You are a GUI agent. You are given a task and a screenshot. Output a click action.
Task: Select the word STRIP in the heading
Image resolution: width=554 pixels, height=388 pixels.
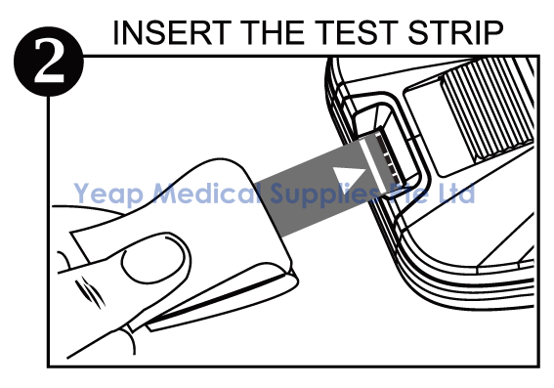click(x=455, y=33)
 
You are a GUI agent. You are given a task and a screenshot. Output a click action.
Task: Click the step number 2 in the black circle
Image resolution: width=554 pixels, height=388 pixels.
click(x=49, y=61)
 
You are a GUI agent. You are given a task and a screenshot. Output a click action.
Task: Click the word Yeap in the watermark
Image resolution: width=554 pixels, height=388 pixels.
click(x=108, y=194)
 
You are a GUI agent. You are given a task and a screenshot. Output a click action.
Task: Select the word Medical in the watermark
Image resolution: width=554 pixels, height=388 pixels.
click(x=208, y=193)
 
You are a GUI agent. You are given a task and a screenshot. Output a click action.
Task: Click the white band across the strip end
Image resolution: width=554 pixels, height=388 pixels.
click(x=371, y=165)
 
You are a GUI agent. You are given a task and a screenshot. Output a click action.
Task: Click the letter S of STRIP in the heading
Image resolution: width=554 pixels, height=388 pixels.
click(x=417, y=33)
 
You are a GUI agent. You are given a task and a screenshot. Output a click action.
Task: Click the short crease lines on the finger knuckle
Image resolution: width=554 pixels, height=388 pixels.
click(x=91, y=293)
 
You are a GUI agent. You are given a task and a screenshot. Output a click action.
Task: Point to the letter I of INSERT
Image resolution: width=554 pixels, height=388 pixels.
click(x=115, y=33)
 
